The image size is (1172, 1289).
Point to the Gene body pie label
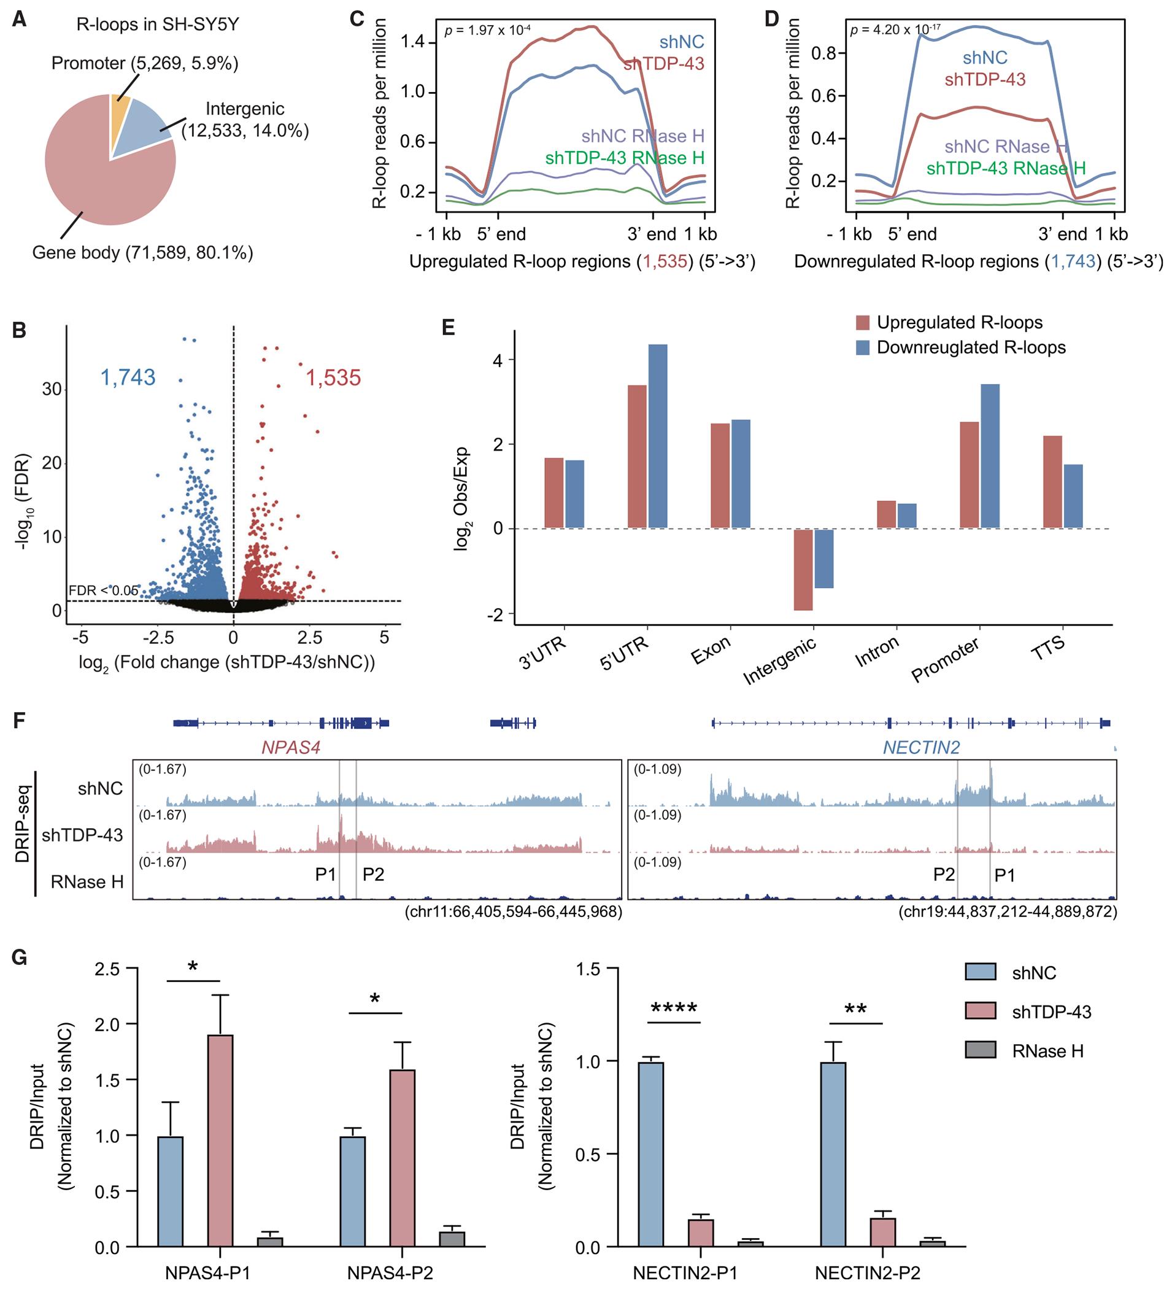[x=142, y=253]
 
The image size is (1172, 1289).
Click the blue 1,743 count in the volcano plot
[x=128, y=377]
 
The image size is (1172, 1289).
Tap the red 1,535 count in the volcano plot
[x=333, y=378]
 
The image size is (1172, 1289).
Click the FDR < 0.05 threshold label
[x=103, y=590]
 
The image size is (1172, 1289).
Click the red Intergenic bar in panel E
[x=803, y=570]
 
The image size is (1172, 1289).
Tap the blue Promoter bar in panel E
[x=990, y=456]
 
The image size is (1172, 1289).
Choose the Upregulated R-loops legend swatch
[x=863, y=323]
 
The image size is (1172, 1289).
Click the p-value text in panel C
[x=487, y=30]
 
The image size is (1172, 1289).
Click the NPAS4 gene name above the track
[x=291, y=748]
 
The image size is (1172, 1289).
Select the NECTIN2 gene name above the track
[x=921, y=748]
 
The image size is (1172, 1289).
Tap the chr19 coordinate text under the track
[x=1008, y=912]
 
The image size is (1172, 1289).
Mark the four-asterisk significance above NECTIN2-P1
[x=674, y=1010]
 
